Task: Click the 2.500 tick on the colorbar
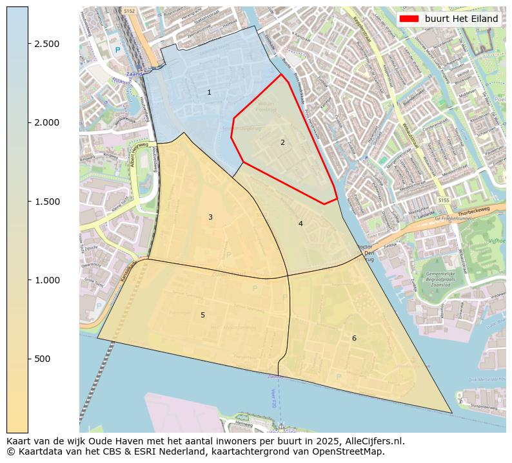pos(46,44)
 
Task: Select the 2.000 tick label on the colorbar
pos(46,122)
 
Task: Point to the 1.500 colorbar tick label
pos(46,202)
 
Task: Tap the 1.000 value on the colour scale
pos(46,280)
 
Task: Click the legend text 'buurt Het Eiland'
pos(461,19)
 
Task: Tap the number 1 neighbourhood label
pos(209,93)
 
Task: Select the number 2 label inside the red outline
pos(282,142)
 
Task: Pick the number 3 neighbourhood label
pos(210,218)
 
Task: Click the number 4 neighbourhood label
pos(300,223)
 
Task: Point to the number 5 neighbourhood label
pos(202,315)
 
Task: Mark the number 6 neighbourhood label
pos(353,338)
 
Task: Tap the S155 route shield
pos(444,201)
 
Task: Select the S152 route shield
pos(130,10)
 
